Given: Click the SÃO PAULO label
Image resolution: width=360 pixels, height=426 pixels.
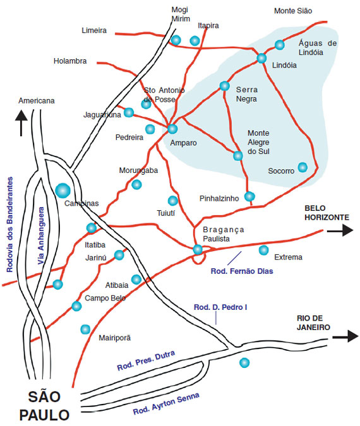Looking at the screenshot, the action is point(44,406).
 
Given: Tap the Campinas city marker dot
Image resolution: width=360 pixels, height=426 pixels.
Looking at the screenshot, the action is point(63,191).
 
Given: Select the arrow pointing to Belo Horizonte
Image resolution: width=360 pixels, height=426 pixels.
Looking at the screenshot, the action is point(340,230).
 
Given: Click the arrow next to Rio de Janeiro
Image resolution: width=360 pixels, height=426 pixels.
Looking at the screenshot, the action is point(345,336).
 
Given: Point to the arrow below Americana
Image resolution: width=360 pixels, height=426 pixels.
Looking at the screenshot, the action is point(21,122).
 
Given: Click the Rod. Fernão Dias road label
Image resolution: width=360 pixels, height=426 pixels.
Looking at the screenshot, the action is point(242,271).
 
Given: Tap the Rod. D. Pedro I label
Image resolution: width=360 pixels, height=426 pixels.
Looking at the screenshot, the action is point(220,307).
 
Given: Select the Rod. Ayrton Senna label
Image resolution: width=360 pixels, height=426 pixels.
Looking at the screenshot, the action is point(166,403).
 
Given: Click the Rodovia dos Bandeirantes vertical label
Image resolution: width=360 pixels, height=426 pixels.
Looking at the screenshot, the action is point(10,225).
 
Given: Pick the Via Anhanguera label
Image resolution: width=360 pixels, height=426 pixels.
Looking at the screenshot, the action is point(41,235).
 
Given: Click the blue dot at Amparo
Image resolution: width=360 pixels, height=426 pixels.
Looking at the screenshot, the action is point(172,129).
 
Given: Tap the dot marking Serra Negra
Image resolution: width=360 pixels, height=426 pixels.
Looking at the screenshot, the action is point(225,86).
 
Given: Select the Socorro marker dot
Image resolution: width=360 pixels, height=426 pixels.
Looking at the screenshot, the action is point(303,167).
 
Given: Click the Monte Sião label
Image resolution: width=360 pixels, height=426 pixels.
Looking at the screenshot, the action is point(293,11).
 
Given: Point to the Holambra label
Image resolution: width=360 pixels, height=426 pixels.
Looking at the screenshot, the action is point(70,61).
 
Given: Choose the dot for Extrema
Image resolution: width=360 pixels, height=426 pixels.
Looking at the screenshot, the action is point(263,250).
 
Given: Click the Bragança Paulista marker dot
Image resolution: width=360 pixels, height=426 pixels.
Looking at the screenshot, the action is point(198,249).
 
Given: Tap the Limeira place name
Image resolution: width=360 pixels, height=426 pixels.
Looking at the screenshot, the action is point(94,30).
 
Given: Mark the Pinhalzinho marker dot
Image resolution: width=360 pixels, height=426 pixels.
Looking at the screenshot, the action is point(249,196).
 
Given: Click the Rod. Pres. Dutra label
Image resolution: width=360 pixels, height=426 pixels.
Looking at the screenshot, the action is point(146,361).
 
